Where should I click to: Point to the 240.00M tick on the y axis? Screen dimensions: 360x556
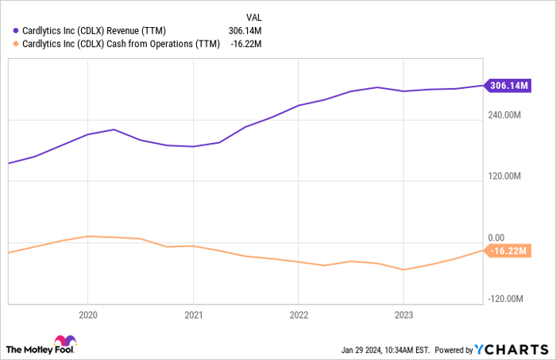coord(504,115)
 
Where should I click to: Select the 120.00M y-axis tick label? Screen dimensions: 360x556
coord(504,176)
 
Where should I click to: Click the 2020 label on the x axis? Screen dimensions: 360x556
coord(87,313)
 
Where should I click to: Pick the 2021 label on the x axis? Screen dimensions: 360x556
coord(193,313)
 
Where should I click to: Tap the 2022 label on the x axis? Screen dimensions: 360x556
coord(298,313)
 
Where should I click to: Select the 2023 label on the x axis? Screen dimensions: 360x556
coord(403,313)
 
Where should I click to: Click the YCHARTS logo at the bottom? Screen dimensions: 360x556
coord(510,349)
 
